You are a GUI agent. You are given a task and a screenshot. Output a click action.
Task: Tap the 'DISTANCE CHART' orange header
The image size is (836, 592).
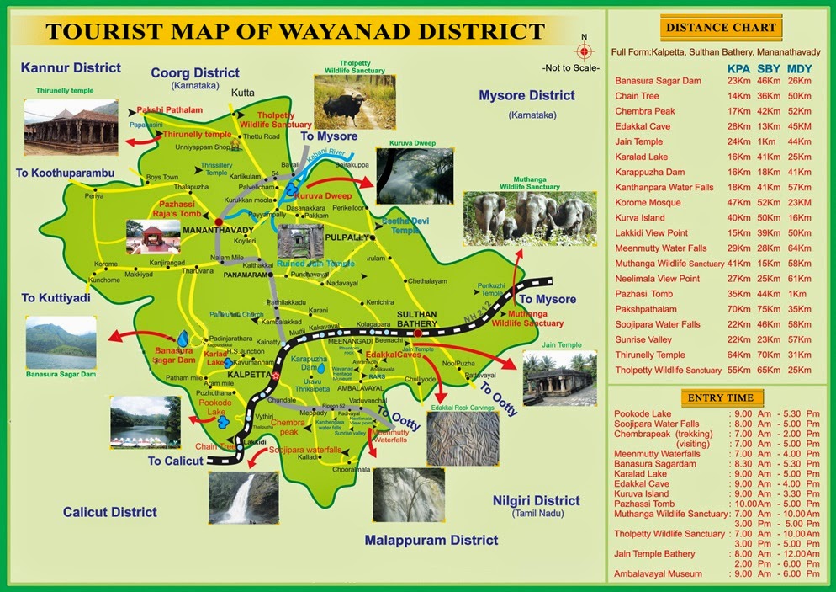(x=722, y=28)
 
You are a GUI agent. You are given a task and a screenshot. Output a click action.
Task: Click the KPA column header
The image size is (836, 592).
(x=739, y=67)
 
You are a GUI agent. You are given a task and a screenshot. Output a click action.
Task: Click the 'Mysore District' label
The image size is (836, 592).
(x=526, y=95)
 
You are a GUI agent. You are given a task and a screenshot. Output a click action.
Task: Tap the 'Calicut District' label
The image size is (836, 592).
(x=110, y=511)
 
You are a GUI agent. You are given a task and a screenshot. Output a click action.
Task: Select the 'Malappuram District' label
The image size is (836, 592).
(x=431, y=540)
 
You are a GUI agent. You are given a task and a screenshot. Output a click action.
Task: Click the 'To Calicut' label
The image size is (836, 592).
(x=176, y=461)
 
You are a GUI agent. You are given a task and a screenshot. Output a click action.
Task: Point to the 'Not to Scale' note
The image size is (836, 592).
(x=571, y=67)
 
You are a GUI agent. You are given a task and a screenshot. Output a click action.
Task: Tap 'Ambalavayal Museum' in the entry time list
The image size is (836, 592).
(x=659, y=573)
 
